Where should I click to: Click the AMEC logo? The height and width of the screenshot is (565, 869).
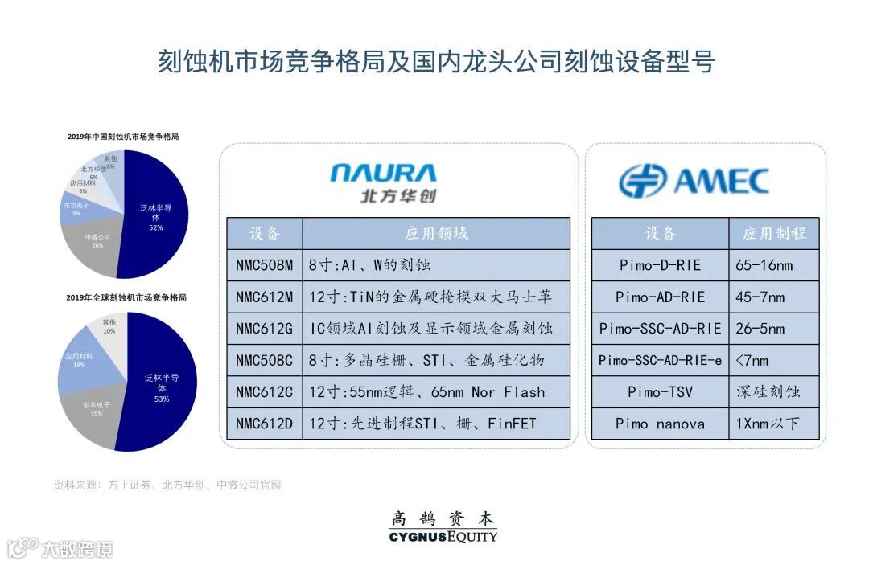(x=694, y=181)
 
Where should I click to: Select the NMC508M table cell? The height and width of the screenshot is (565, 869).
(x=264, y=265)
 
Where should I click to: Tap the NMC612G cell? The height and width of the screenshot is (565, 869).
(x=264, y=329)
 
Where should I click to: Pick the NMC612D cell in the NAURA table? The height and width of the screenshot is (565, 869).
(x=264, y=424)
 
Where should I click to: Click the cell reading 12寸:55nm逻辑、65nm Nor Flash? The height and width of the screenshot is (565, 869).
(x=435, y=392)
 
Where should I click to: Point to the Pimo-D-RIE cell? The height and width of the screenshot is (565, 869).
(x=660, y=265)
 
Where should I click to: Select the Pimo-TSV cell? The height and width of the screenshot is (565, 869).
(x=660, y=392)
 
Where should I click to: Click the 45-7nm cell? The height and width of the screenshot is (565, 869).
(x=774, y=297)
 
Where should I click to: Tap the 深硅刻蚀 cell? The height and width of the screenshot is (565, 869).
(x=774, y=392)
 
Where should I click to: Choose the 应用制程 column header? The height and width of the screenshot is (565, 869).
(x=774, y=234)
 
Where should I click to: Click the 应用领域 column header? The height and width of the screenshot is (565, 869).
(x=435, y=234)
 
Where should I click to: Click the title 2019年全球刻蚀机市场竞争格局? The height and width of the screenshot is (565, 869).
(x=126, y=297)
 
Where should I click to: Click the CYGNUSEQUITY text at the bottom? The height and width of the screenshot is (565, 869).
(x=443, y=536)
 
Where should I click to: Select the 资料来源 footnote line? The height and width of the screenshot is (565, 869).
(x=167, y=485)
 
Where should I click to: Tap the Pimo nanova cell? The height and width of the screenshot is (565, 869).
(x=660, y=424)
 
